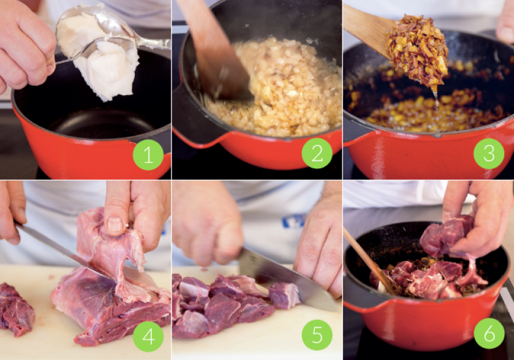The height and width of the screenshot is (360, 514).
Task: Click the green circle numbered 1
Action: click(x=148, y=155)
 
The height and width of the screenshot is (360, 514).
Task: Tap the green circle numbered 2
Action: click(x=317, y=153)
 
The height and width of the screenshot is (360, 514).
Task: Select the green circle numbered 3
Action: click(x=489, y=153)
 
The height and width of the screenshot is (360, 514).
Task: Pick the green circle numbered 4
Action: click(x=148, y=336)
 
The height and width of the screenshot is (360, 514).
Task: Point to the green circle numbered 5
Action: click(x=317, y=335)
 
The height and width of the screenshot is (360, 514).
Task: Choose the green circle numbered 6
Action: click(x=489, y=334)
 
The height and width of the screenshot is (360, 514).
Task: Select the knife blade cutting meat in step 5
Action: click(x=285, y=279)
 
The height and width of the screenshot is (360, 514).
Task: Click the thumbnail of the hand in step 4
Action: click(x=115, y=224)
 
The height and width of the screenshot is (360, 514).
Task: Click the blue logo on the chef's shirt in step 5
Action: click(x=294, y=221)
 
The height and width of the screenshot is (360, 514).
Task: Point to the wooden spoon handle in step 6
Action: click(x=367, y=259)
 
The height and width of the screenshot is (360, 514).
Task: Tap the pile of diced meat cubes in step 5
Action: click(x=226, y=305)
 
